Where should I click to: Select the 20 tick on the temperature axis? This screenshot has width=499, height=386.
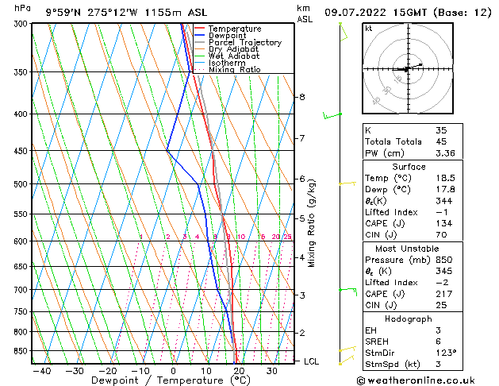(x=239, y=371)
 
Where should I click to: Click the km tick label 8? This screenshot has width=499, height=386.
(x=301, y=97)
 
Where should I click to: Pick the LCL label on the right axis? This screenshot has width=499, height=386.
(x=312, y=361)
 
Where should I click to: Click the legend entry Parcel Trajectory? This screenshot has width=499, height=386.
(x=244, y=43)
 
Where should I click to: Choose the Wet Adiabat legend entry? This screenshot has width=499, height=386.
(x=233, y=56)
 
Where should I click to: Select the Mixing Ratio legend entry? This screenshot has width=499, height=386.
(x=234, y=70)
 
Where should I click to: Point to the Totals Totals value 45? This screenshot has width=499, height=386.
(x=440, y=142)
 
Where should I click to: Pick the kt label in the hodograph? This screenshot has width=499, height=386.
(x=369, y=29)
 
